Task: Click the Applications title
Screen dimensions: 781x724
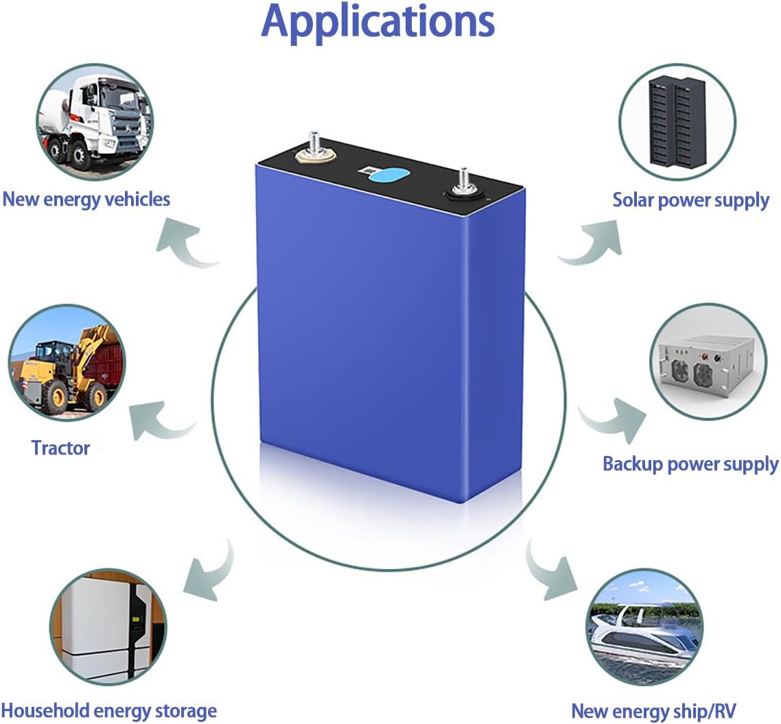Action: [377, 22]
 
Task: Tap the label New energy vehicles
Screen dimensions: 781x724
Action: [86, 200]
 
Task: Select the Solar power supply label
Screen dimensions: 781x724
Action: [691, 200]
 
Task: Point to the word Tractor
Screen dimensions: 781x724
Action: [60, 448]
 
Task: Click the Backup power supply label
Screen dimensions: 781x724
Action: [690, 463]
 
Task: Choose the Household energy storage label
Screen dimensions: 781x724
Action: [109, 710]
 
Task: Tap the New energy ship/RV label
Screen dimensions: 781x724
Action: [653, 710]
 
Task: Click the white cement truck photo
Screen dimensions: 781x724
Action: [95, 122]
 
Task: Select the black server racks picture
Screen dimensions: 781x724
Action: [677, 122]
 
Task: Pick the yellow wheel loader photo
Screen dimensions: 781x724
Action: [67, 363]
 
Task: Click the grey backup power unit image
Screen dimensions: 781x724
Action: [708, 362]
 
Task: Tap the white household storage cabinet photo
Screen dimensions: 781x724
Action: [108, 627]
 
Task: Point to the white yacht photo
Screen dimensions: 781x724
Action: [644, 628]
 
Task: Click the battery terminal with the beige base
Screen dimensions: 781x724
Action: [314, 152]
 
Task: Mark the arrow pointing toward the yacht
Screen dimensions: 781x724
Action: [548, 572]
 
